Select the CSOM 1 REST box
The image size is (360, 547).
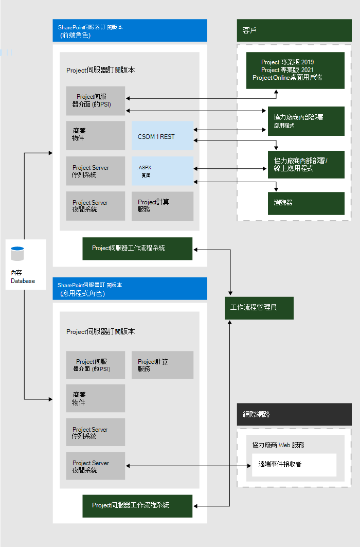(162, 136)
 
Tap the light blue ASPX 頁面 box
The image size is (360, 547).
(162, 171)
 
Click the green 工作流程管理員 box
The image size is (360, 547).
(259, 308)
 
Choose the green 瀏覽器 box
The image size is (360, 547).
(305, 203)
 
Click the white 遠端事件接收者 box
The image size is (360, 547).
(294, 465)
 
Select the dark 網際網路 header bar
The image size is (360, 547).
(294, 414)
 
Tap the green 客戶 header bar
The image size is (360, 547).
(294, 30)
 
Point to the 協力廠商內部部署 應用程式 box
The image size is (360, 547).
(305, 121)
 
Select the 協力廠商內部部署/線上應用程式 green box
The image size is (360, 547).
(305, 164)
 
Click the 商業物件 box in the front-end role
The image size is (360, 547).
(95, 135)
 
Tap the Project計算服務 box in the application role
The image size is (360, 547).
(162, 365)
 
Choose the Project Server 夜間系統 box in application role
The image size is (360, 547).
(95, 466)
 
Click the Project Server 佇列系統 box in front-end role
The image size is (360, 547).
(95, 171)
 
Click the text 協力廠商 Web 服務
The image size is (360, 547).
(281, 445)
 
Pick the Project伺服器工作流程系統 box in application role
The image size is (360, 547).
(137, 506)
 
